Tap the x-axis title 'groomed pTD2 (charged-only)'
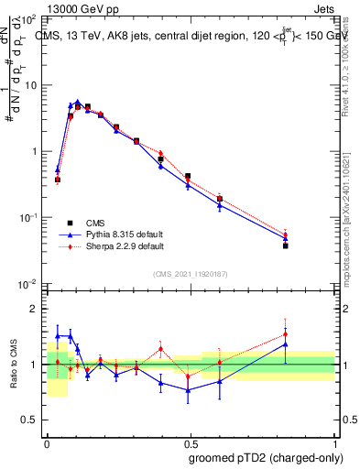266,457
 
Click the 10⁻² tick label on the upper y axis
27,284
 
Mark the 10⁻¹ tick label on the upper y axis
27,218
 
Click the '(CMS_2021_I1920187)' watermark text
191,272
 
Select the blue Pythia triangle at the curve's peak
78,103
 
